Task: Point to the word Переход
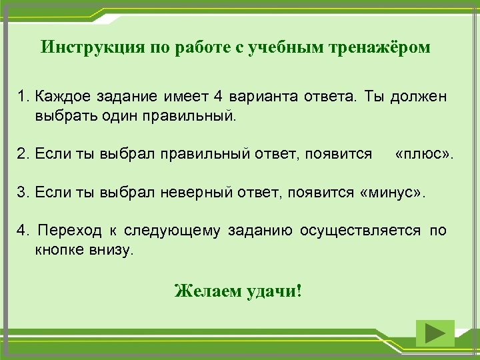coord(70,231)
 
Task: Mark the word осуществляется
coord(360,231)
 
